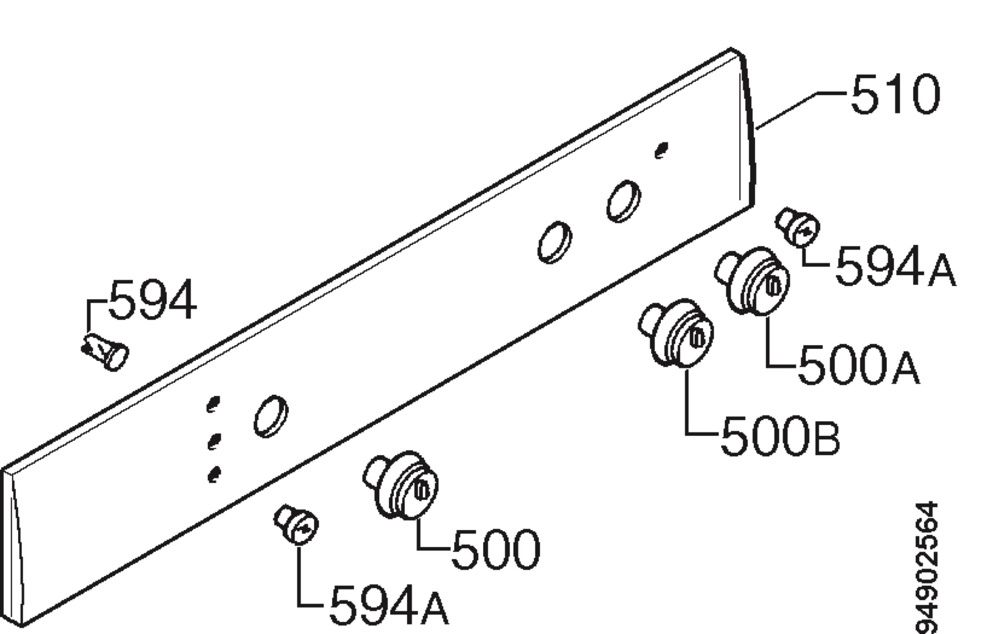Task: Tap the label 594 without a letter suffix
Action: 152,299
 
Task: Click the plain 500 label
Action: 495,548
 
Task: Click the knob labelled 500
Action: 401,484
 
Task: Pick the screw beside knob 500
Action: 296,525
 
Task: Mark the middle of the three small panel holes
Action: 213,441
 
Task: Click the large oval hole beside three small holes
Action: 271,416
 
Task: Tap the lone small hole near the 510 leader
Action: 661,150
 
